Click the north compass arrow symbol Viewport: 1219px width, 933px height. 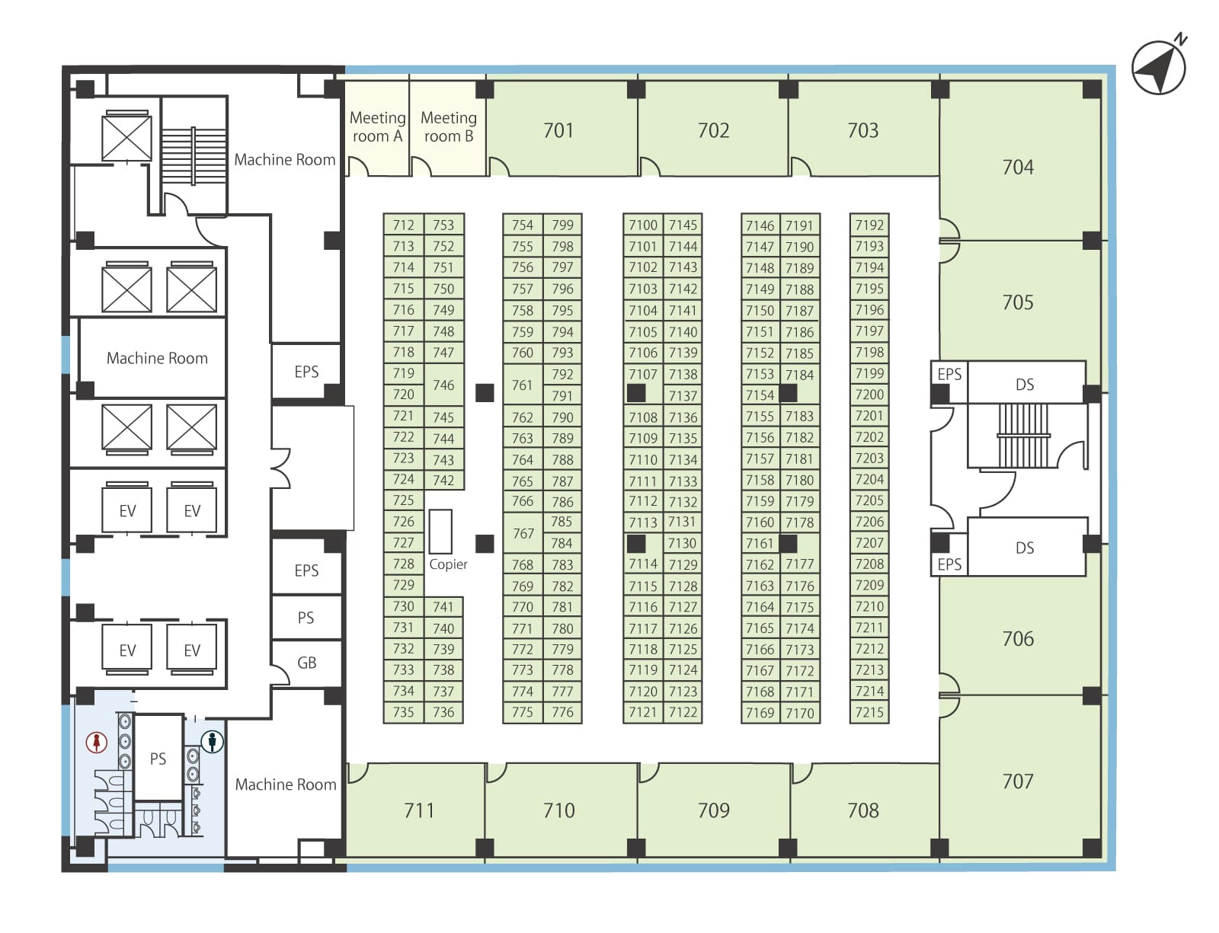pos(1158,68)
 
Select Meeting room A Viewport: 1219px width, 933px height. pos(376,129)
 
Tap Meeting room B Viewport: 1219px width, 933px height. pos(448,129)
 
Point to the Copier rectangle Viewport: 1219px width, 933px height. pos(440,531)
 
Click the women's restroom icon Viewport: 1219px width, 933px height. pos(97,743)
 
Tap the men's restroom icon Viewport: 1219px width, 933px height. pos(212,741)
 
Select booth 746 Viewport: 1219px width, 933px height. pos(443,385)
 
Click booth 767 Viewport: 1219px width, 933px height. pos(523,532)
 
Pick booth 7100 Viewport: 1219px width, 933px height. pos(643,225)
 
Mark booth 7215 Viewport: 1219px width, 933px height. pos(869,712)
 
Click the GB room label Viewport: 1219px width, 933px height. pos(306,663)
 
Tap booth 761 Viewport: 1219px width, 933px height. pos(523,385)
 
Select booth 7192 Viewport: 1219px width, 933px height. pos(869,225)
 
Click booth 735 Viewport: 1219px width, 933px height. pos(403,712)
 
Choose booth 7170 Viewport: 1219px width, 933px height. pos(800,713)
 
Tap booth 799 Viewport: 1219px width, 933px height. pos(563,225)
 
